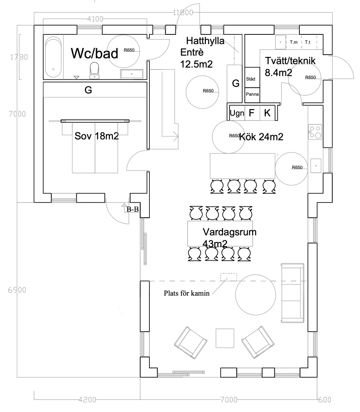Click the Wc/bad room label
click(95, 53)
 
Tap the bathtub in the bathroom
click(53, 57)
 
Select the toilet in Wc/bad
click(95, 70)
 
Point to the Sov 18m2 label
click(97, 136)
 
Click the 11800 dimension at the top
click(183, 13)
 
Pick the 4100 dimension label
click(95, 19)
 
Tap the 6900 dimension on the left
click(17, 290)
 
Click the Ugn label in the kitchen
click(237, 113)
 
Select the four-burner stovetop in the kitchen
click(315, 132)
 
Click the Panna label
click(253, 94)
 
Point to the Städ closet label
click(251, 79)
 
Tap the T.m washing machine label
click(294, 42)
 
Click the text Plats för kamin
click(187, 293)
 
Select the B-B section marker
click(133, 209)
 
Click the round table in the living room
click(256, 295)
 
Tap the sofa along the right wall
click(293, 293)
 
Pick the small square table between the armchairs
click(225, 338)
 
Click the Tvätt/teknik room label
click(290, 61)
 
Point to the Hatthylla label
click(205, 41)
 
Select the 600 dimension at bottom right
click(324, 399)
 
